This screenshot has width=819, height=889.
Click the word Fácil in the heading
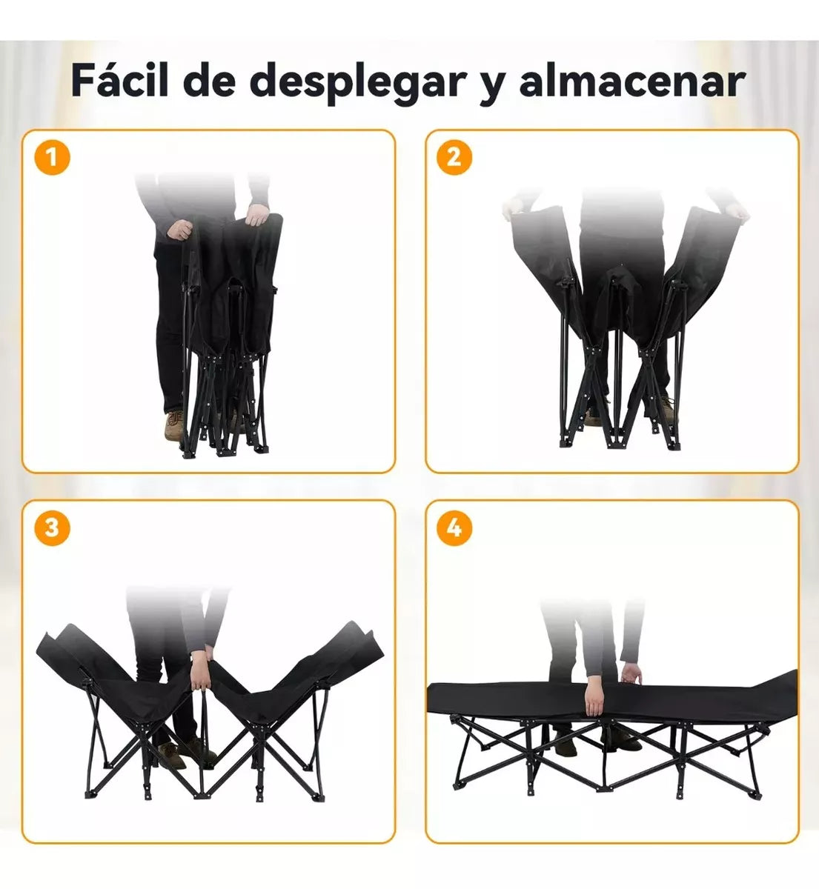pos(118,81)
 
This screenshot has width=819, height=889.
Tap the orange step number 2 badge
pos(454,157)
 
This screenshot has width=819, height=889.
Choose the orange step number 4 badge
pos(454,527)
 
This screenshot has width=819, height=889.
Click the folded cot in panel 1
pos(226,326)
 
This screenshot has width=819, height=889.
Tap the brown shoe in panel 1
pos(175,425)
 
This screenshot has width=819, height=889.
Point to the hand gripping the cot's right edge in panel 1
pos(256,216)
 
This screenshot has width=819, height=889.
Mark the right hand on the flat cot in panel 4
pos(631,675)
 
